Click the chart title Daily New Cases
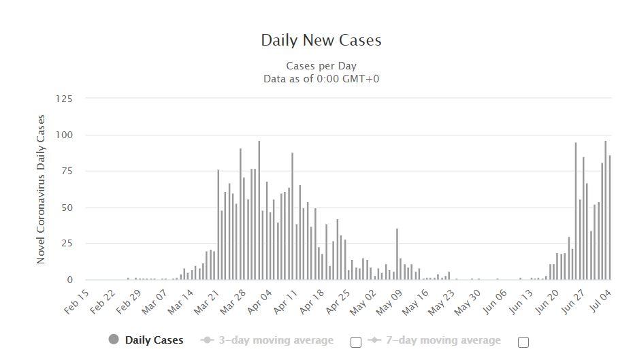click(321, 40)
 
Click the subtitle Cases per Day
click(321, 66)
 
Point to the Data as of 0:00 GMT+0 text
click(321, 78)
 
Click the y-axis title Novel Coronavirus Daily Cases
click(41, 189)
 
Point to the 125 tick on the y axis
click(63, 99)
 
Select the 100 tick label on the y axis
click(63, 135)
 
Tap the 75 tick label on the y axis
click(66, 171)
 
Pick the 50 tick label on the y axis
click(66, 208)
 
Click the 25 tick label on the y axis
click(66, 244)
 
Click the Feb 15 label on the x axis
click(77, 301)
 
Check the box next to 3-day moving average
click(355, 342)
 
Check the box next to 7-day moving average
click(523, 342)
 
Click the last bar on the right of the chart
click(609, 218)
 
